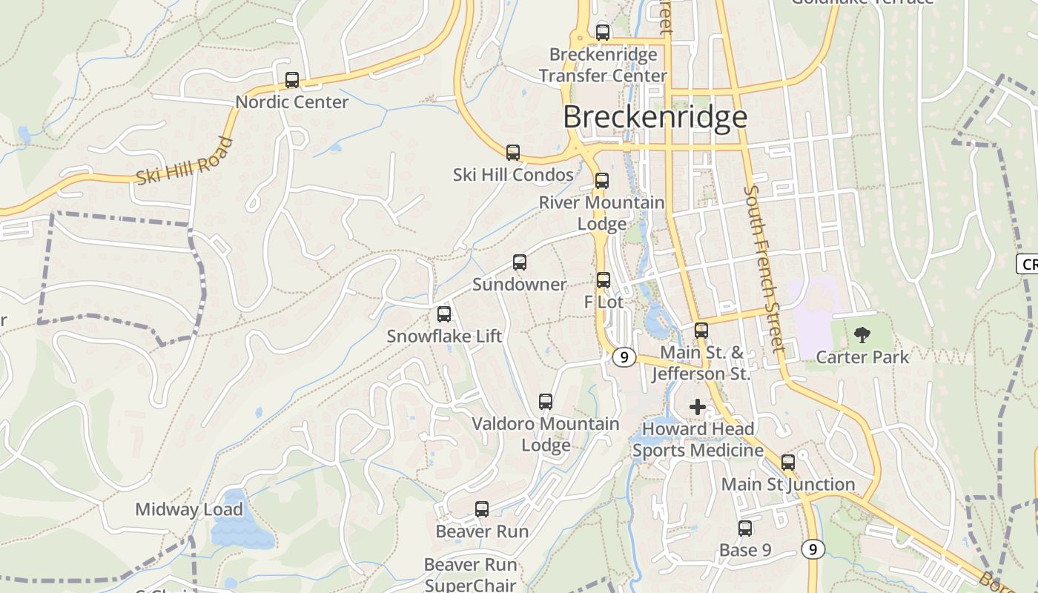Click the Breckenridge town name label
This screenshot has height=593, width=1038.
pyautogui.click(x=655, y=117)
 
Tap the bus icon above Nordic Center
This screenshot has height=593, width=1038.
pyautogui.click(x=292, y=80)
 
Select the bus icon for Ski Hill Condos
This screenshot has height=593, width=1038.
pyautogui.click(x=513, y=153)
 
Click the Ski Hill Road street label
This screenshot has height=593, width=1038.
pyautogui.click(x=185, y=161)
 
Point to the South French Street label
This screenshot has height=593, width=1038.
pyautogui.click(x=764, y=268)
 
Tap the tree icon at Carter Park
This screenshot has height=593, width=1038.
pyautogui.click(x=862, y=335)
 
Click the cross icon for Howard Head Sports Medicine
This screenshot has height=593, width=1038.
pyautogui.click(x=698, y=406)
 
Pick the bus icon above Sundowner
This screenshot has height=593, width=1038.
pyautogui.click(x=520, y=262)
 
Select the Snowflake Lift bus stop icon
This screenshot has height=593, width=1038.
pyautogui.click(x=444, y=314)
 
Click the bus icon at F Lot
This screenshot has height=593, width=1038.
pyautogui.click(x=604, y=280)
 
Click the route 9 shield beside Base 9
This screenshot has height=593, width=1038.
pyautogui.click(x=813, y=549)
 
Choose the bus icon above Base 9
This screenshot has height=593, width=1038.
pyautogui.click(x=745, y=529)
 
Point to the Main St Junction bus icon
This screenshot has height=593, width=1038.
pyautogui.click(x=788, y=463)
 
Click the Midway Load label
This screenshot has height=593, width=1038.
pyautogui.click(x=189, y=510)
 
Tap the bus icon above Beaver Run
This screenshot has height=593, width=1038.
pyautogui.click(x=482, y=509)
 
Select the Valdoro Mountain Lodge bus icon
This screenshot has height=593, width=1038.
pyautogui.click(x=546, y=402)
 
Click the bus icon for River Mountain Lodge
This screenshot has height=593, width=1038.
pyautogui.click(x=602, y=181)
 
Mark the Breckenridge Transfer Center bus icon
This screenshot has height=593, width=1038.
pyautogui.click(x=603, y=33)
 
